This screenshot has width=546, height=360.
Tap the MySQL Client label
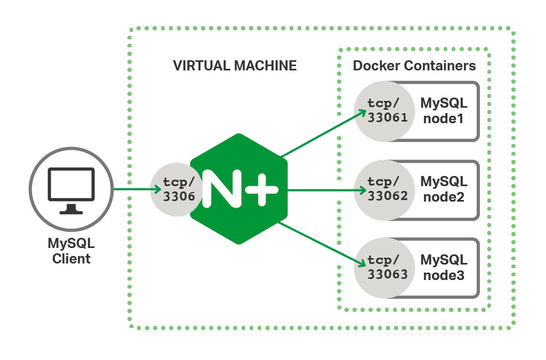71,252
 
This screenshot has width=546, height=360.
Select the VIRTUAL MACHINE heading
235,66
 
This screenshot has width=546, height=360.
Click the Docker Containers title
414,66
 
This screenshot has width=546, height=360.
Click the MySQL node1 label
444,110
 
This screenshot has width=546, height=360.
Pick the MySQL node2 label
444,189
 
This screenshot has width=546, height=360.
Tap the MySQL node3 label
444,268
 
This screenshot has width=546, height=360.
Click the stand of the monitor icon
71,210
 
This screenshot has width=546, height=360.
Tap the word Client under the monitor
71,260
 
